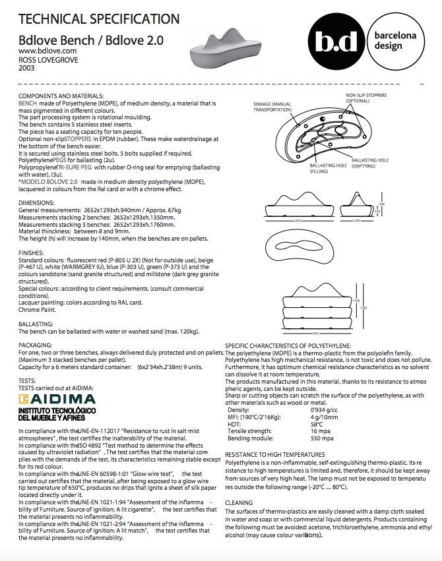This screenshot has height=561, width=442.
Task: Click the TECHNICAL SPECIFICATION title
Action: [99, 18]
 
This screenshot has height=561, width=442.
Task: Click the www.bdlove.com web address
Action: [47, 51]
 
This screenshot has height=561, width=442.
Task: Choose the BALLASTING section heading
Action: [36, 324]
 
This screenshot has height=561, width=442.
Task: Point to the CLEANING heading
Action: [239, 502]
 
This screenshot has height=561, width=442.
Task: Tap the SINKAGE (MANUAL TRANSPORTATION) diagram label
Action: [272, 107]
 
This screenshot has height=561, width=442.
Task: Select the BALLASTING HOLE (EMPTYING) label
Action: [370, 163]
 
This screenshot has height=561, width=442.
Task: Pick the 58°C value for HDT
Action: [317, 425]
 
